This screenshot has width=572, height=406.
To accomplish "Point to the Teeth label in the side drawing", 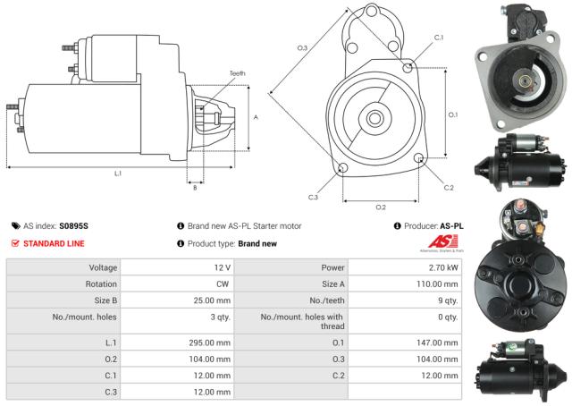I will [237, 73].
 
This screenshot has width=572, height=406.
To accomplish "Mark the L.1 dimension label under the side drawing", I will [118, 173].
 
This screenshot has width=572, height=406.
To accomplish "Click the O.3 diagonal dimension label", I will [303, 47].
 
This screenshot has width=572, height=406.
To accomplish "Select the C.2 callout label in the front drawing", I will [449, 187].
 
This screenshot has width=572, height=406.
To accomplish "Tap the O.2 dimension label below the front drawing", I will [380, 207].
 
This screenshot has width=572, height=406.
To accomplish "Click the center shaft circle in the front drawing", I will [374, 117].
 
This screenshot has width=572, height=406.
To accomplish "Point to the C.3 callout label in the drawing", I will [313, 197].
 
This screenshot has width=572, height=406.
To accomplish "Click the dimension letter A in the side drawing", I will [256, 117].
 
